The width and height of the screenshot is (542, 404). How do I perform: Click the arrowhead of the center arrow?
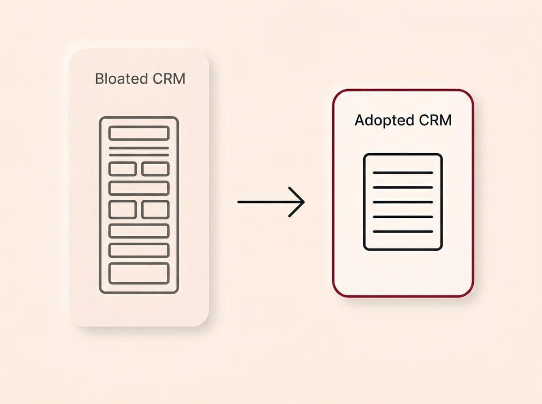(x=299, y=202)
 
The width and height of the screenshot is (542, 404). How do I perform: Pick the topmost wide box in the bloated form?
(x=139, y=133)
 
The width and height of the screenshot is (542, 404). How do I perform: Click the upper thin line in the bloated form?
(x=139, y=148)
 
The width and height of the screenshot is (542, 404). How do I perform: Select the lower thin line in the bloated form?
(x=139, y=155)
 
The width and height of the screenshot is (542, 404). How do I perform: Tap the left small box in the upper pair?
(x=122, y=169)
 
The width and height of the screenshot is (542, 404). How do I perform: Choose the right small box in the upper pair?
(x=155, y=169)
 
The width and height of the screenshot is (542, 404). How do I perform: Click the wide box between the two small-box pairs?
(x=139, y=188)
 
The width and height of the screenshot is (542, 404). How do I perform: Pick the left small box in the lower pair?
(x=122, y=210)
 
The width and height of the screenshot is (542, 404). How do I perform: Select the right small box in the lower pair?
(x=155, y=210)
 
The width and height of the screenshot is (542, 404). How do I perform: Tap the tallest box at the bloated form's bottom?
(x=139, y=273)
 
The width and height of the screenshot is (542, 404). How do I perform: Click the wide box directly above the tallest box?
(x=139, y=250)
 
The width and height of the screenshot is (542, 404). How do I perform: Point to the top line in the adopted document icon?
(x=403, y=173)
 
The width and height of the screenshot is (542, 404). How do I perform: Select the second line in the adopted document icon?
(x=403, y=187)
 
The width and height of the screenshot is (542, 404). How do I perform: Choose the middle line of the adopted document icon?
(x=403, y=202)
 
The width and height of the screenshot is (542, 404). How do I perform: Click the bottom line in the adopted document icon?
(x=403, y=232)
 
